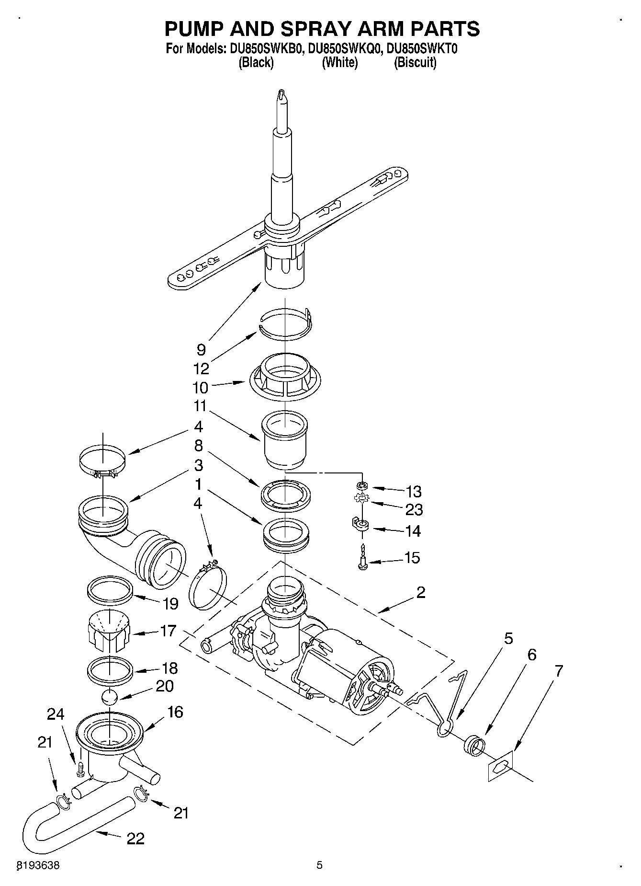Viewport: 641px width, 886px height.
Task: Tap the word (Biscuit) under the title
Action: tap(415, 62)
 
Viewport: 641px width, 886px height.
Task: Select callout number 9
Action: tap(201, 350)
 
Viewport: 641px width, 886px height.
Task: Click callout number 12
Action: tap(202, 368)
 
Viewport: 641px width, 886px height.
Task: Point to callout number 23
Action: tap(414, 509)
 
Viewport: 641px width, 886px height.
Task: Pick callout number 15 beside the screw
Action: tap(412, 558)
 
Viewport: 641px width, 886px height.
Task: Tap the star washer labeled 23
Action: tap(362, 499)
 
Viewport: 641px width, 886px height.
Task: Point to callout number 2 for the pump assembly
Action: tap(420, 593)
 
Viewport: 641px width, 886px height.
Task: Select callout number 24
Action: tap(55, 714)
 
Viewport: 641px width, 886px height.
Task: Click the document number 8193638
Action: tap(38, 866)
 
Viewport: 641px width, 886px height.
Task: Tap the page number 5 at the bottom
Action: tap(320, 865)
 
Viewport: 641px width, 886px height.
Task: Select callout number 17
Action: tap(168, 631)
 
